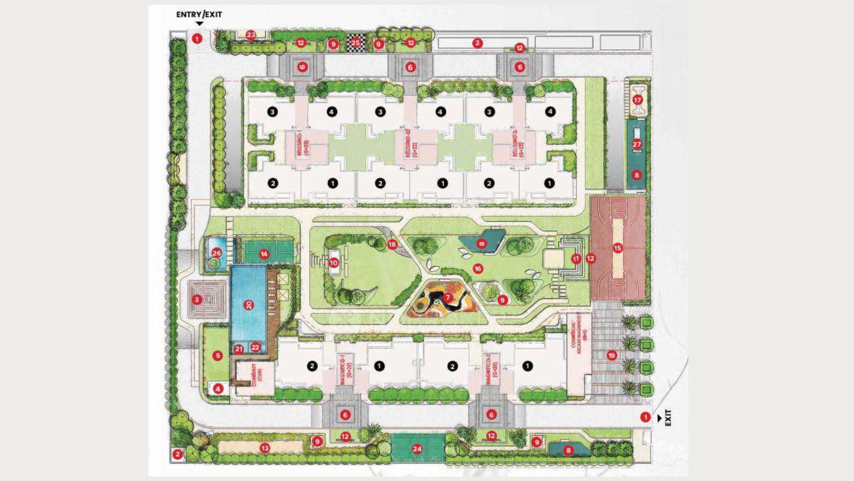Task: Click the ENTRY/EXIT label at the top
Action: click(199, 15)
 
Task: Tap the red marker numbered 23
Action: click(250, 35)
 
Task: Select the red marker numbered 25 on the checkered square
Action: click(356, 43)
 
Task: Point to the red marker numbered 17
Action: click(637, 100)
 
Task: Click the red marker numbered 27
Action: click(637, 144)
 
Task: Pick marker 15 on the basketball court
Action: click(617, 248)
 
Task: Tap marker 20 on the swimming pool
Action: click(248, 305)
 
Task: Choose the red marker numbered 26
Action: click(216, 253)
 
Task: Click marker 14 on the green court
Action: click(264, 254)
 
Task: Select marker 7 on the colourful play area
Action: click(447, 297)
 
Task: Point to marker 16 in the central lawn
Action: click(478, 268)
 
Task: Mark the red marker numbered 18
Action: click(392, 244)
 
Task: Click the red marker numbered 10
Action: click(333, 263)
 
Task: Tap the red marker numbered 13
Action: click(264, 448)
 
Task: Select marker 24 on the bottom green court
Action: click(417, 448)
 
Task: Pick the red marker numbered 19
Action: click(611, 355)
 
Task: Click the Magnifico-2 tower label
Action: click(492, 372)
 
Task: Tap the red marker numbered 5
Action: click(217, 356)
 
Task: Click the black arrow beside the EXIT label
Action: click(659, 417)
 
